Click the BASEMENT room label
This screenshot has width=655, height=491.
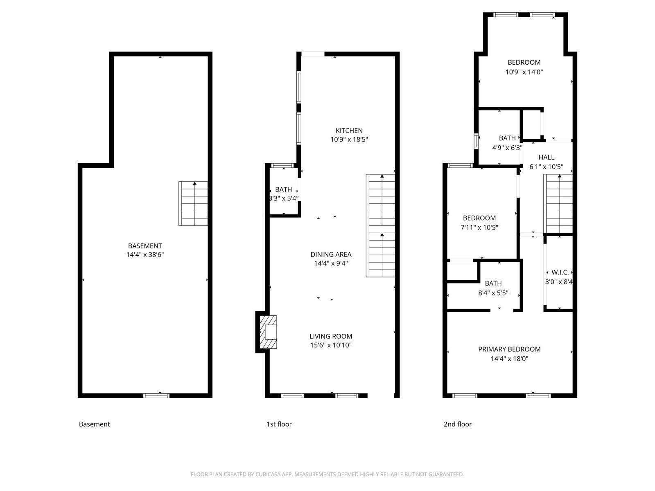coord(145,246)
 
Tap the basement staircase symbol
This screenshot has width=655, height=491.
coord(193,204)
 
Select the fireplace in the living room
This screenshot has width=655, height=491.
coord(268,332)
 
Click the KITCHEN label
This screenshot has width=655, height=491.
coord(349,131)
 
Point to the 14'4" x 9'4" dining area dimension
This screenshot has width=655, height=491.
coord(331,263)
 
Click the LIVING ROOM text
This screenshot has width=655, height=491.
coord(331,336)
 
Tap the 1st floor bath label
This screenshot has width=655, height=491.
coord(283,189)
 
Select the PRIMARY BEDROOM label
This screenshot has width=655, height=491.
coord(509,349)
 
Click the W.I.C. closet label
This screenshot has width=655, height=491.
coord(560,272)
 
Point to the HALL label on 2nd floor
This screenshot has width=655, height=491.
coord(546,158)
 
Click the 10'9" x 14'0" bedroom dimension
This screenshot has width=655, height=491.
coord(524,72)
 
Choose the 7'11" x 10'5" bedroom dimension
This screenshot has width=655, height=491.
coord(479,227)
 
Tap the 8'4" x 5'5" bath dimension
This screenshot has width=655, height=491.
coord(493,293)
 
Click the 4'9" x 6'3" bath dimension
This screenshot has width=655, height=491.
coord(507,148)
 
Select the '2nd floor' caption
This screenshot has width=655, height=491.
coord(457,424)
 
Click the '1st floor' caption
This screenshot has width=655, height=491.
coord(279,424)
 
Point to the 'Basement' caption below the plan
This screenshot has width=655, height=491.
coord(94,424)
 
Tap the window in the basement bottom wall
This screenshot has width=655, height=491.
coord(156,396)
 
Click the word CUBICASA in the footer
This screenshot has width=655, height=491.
coord(267,474)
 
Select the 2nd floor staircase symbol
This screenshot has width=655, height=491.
coord(558,204)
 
